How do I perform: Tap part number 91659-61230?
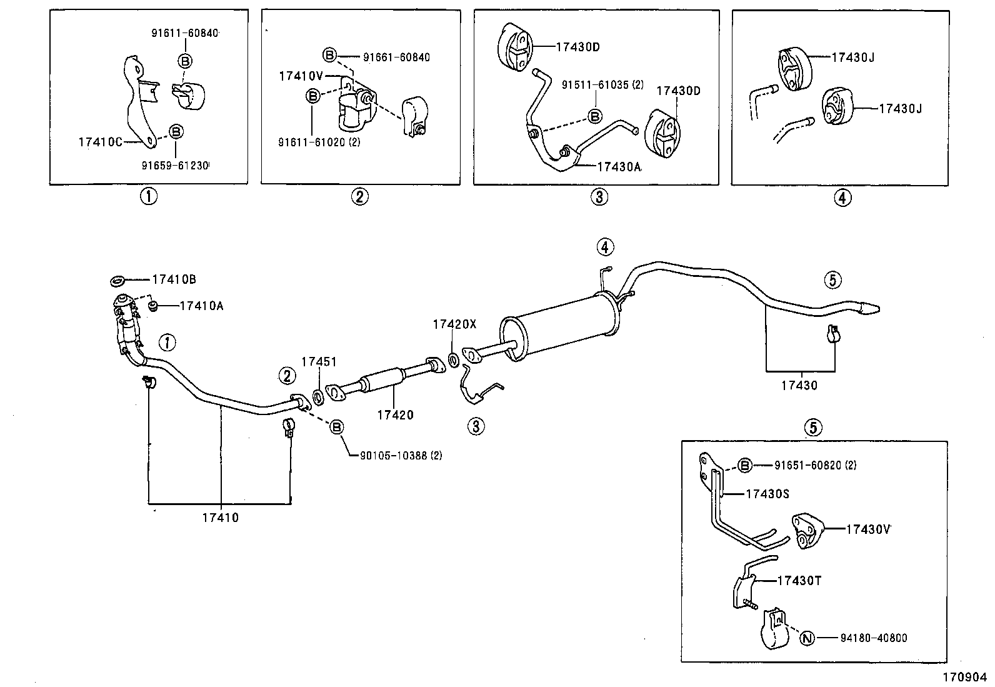pyautogui.click(x=175, y=166)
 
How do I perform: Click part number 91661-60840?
pyautogui.click(x=396, y=58)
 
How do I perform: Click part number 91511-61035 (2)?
pyautogui.click(x=602, y=84)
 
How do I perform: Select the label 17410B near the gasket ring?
pyautogui.click(x=174, y=279)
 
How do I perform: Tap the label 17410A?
pyautogui.click(x=201, y=306)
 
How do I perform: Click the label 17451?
pyautogui.click(x=319, y=362)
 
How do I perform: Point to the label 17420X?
pyautogui.click(x=454, y=324)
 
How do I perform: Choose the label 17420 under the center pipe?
pyautogui.click(x=395, y=414)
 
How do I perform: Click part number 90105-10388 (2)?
pyautogui.click(x=401, y=456)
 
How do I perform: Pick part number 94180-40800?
pyautogui.click(x=873, y=638)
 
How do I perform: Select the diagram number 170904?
pyautogui.click(x=964, y=676)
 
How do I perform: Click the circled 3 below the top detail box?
pyautogui.click(x=598, y=198)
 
